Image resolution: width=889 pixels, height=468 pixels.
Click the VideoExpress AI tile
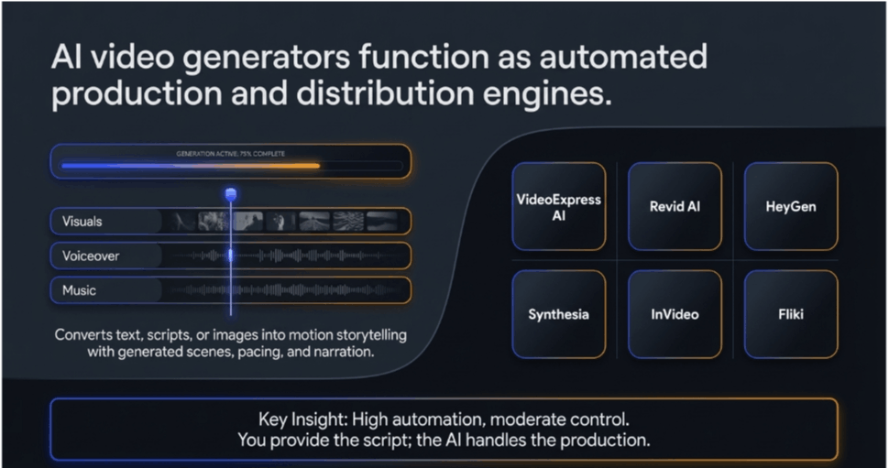558,207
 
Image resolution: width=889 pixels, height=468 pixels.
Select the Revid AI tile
675,207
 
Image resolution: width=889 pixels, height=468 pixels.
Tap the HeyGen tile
790,207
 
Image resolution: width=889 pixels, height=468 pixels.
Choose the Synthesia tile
558,314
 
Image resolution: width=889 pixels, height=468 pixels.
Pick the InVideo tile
675,314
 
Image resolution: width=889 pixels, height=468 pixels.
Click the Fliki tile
790,314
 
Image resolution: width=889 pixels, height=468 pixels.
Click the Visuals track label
82,222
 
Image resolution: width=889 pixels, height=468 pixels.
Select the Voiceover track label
91,256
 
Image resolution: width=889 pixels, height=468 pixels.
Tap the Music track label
79,291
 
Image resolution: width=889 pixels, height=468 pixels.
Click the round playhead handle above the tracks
231,193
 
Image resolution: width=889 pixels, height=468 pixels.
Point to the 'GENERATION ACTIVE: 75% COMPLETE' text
230,154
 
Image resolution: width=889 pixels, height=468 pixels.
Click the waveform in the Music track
284,291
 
